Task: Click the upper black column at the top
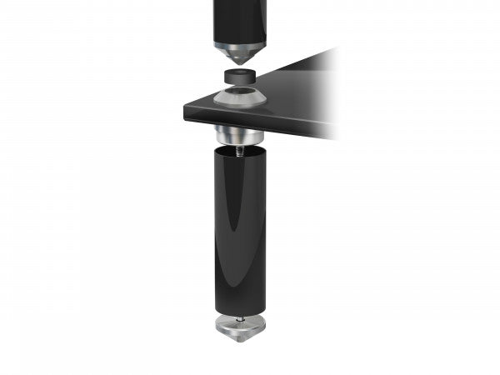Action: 239,18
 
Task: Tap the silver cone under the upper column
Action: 239,52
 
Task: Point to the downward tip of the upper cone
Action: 239,64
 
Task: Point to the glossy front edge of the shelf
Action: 250,119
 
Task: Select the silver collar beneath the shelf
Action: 239,134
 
